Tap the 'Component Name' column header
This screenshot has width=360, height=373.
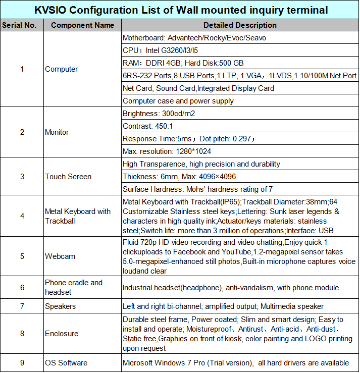point(83,25)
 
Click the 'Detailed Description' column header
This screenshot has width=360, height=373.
point(240,25)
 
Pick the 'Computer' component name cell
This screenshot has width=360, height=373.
point(62,69)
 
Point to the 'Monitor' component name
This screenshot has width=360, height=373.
point(57,132)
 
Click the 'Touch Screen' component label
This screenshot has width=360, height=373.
point(68,177)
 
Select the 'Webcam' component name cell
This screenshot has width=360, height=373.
point(60,256)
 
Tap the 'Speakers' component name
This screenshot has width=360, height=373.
point(61,306)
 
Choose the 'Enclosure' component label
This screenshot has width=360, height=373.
point(62,334)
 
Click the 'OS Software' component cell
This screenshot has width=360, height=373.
point(66,363)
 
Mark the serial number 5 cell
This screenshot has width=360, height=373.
point(22,256)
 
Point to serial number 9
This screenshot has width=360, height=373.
point(22,363)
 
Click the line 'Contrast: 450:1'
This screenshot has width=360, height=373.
point(151,126)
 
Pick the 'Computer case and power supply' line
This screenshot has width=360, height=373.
point(178,101)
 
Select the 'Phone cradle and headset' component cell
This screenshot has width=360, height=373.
point(73,287)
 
